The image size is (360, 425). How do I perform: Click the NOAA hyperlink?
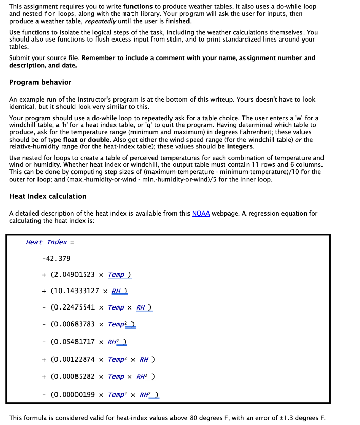(x=201, y=214)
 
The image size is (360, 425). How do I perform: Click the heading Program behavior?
(x=40, y=82)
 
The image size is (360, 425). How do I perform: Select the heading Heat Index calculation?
(x=48, y=196)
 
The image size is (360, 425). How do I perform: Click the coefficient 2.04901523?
(x=74, y=275)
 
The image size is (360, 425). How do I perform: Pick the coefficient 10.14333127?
(x=77, y=291)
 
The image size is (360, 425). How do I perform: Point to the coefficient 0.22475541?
(x=74, y=307)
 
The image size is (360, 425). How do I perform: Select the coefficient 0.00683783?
(x=74, y=324)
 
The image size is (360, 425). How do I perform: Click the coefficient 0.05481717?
(x=74, y=342)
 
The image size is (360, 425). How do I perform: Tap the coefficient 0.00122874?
(x=74, y=359)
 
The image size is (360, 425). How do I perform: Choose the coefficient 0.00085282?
(x=74, y=377)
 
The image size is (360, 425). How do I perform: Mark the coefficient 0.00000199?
(x=74, y=394)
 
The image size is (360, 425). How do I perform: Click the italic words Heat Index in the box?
(x=46, y=242)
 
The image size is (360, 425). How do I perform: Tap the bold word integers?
(x=240, y=147)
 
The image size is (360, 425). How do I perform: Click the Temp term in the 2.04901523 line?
(x=118, y=275)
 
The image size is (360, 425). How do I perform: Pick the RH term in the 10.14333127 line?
(x=118, y=291)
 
